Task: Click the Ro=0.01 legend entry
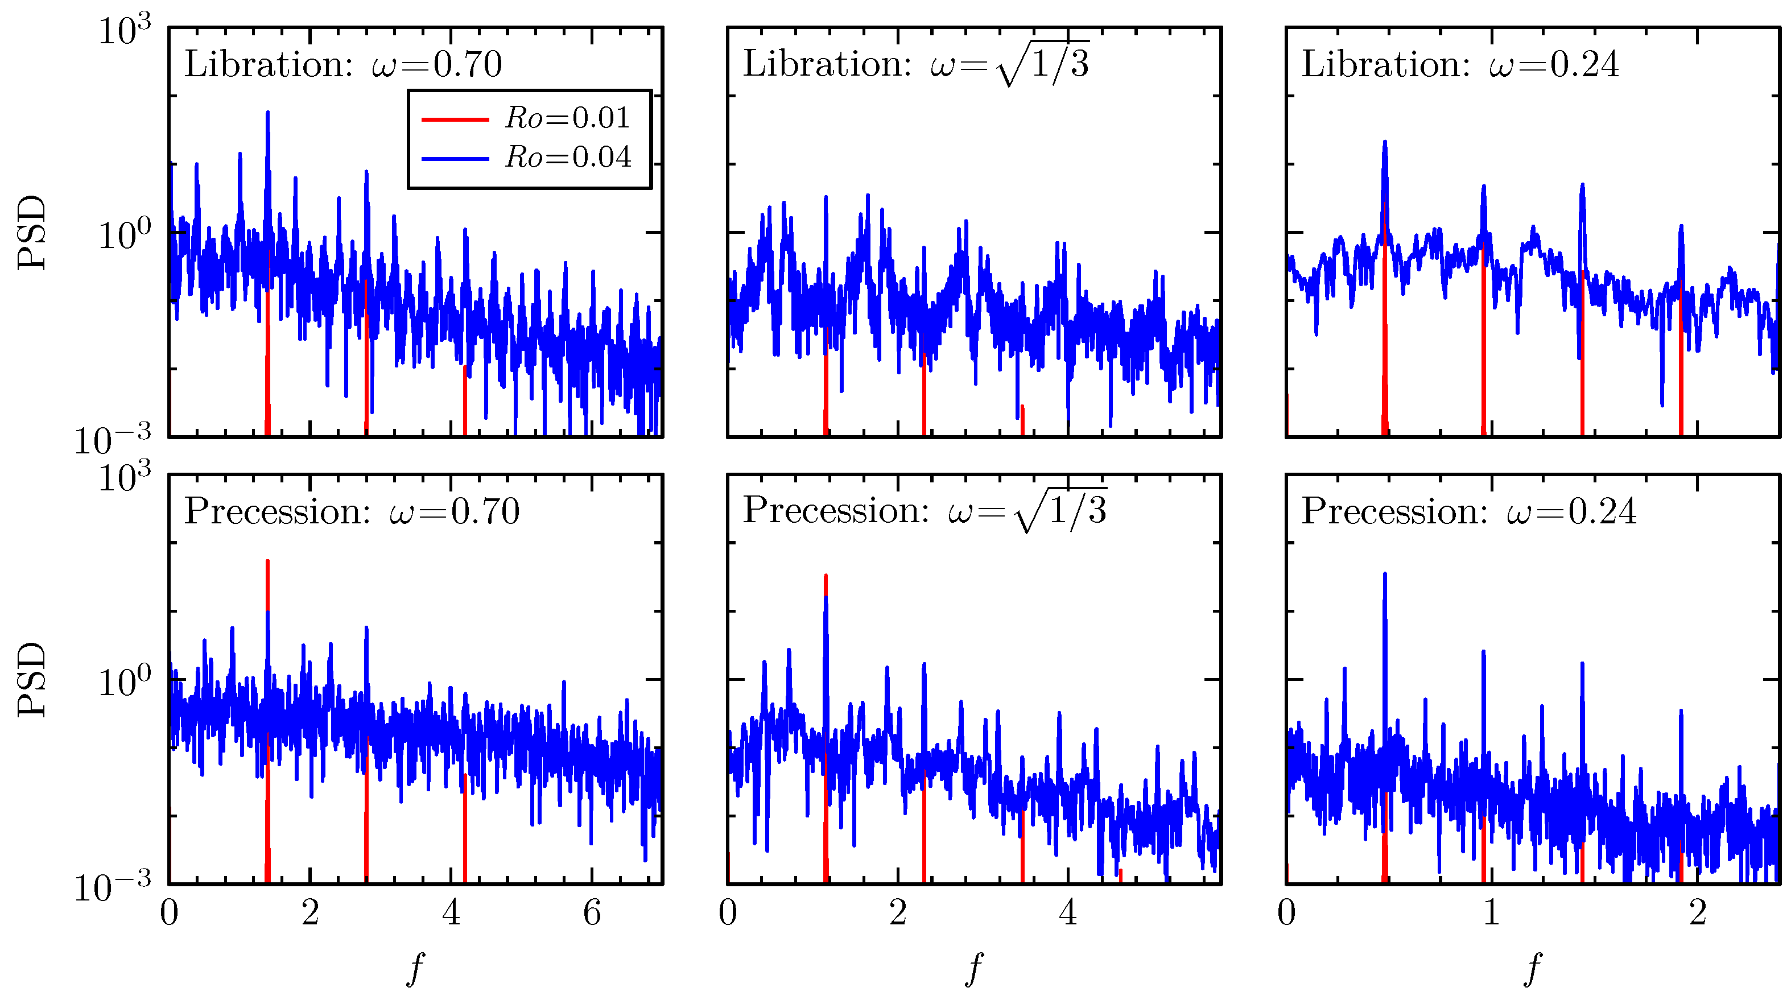567,118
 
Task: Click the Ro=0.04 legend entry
567,158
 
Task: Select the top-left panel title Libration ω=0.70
342,65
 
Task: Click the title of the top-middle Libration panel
915,65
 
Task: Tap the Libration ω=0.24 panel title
1459,65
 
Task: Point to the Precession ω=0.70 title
352,512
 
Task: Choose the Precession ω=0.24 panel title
1468,512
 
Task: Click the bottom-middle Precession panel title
924,512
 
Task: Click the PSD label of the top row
32,232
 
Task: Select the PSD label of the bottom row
32,679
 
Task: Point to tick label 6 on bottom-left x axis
592,914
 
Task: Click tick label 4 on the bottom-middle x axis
1068,914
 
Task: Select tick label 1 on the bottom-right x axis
1491,914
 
